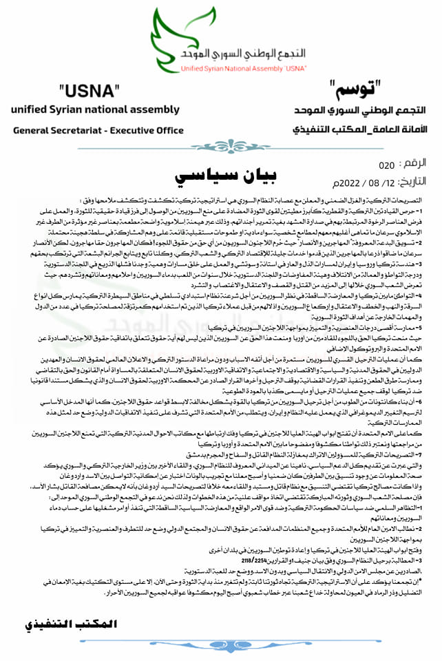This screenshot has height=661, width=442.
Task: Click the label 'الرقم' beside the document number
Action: (x=416, y=165)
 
